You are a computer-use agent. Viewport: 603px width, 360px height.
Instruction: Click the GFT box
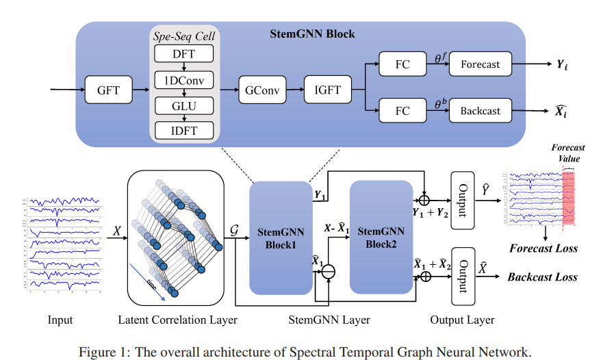(x=107, y=90)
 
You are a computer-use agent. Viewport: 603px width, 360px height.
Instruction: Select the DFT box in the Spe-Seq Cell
(x=184, y=53)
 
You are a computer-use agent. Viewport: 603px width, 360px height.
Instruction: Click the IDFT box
(x=184, y=129)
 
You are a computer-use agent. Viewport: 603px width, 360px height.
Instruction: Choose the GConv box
(x=261, y=90)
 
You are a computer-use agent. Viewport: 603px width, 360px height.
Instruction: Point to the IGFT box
(x=326, y=90)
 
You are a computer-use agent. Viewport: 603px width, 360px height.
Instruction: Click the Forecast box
(x=480, y=65)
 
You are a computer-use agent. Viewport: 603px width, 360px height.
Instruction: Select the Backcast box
(x=480, y=111)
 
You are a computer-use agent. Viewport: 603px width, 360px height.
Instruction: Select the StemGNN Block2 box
(x=381, y=237)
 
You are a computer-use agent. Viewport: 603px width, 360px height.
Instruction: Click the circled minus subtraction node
(x=330, y=274)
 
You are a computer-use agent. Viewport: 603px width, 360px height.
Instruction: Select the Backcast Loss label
(x=542, y=277)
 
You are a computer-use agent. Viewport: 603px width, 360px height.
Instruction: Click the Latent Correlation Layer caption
(x=176, y=320)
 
